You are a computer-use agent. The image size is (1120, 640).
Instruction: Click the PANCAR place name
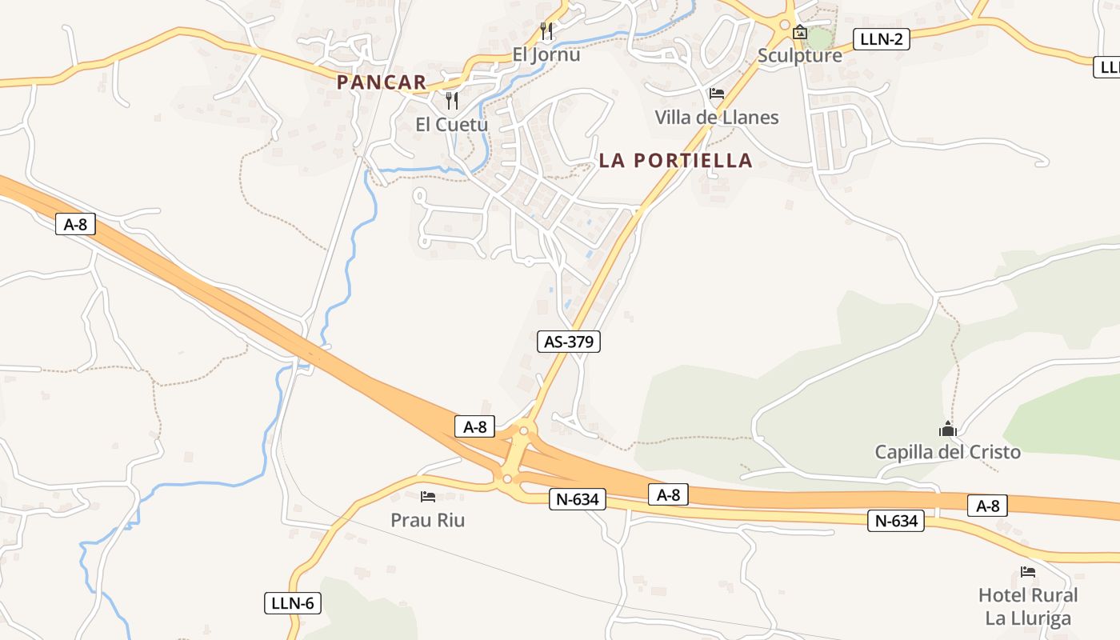point(382,82)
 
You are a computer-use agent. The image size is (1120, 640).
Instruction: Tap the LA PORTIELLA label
point(676,160)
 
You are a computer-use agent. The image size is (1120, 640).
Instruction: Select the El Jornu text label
point(546,55)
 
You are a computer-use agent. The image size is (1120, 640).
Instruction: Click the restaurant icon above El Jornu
point(547,31)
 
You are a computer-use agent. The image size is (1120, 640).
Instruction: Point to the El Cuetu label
point(451,124)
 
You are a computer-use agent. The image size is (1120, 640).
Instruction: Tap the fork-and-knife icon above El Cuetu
point(452,100)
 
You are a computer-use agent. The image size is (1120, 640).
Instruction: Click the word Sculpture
point(799,55)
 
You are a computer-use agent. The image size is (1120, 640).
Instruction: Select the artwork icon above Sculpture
point(799,32)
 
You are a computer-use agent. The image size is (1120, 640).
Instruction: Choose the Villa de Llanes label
point(717,117)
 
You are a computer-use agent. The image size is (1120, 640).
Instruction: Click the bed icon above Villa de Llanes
point(717,94)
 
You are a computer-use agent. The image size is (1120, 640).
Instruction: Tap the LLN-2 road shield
point(881,38)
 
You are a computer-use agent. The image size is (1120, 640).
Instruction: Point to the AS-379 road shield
point(568,342)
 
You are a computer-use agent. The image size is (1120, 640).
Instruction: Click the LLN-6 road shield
point(292,603)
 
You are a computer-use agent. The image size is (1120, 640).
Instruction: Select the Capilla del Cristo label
point(947,452)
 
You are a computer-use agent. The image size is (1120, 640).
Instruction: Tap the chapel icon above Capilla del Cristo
point(948,429)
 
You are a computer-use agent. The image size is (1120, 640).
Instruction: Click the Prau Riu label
point(427,520)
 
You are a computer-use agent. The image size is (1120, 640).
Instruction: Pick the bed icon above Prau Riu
point(428,497)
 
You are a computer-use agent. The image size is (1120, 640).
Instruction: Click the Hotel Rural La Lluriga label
point(1028,606)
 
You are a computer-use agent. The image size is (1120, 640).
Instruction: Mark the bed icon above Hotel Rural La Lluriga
point(1028,572)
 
